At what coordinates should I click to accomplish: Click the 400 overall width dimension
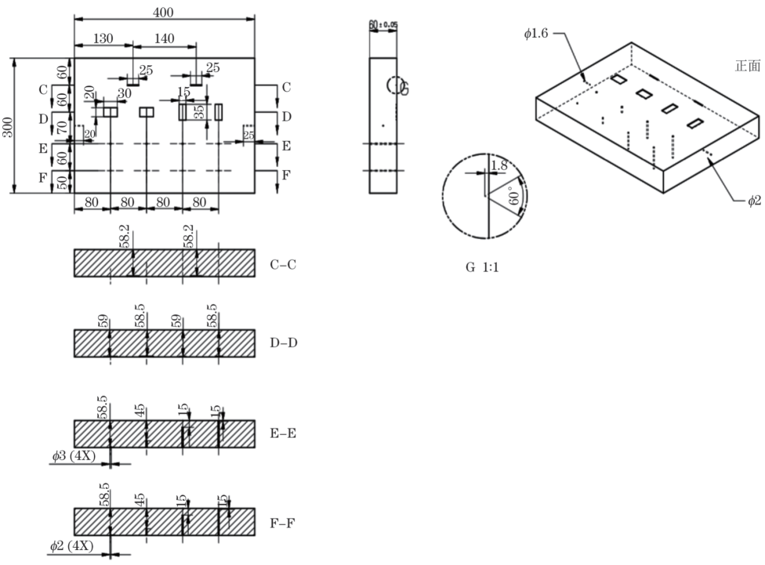coord(165,12)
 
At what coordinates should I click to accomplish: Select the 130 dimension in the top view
coord(103,38)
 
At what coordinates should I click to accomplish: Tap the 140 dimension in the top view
coord(164,38)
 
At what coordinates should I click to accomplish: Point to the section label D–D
coord(284,342)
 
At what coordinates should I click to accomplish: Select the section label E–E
coord(284,433)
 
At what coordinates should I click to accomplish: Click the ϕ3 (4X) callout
coord(72,456)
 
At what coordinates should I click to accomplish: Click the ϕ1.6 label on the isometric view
coord(539,33)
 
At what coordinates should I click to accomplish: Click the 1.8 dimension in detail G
coord(499,165)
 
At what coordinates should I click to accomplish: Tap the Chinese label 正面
coord(746,66)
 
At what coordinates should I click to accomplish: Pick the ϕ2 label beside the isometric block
coord(754,201)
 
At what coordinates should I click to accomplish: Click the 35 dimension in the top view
coord(201,110)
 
